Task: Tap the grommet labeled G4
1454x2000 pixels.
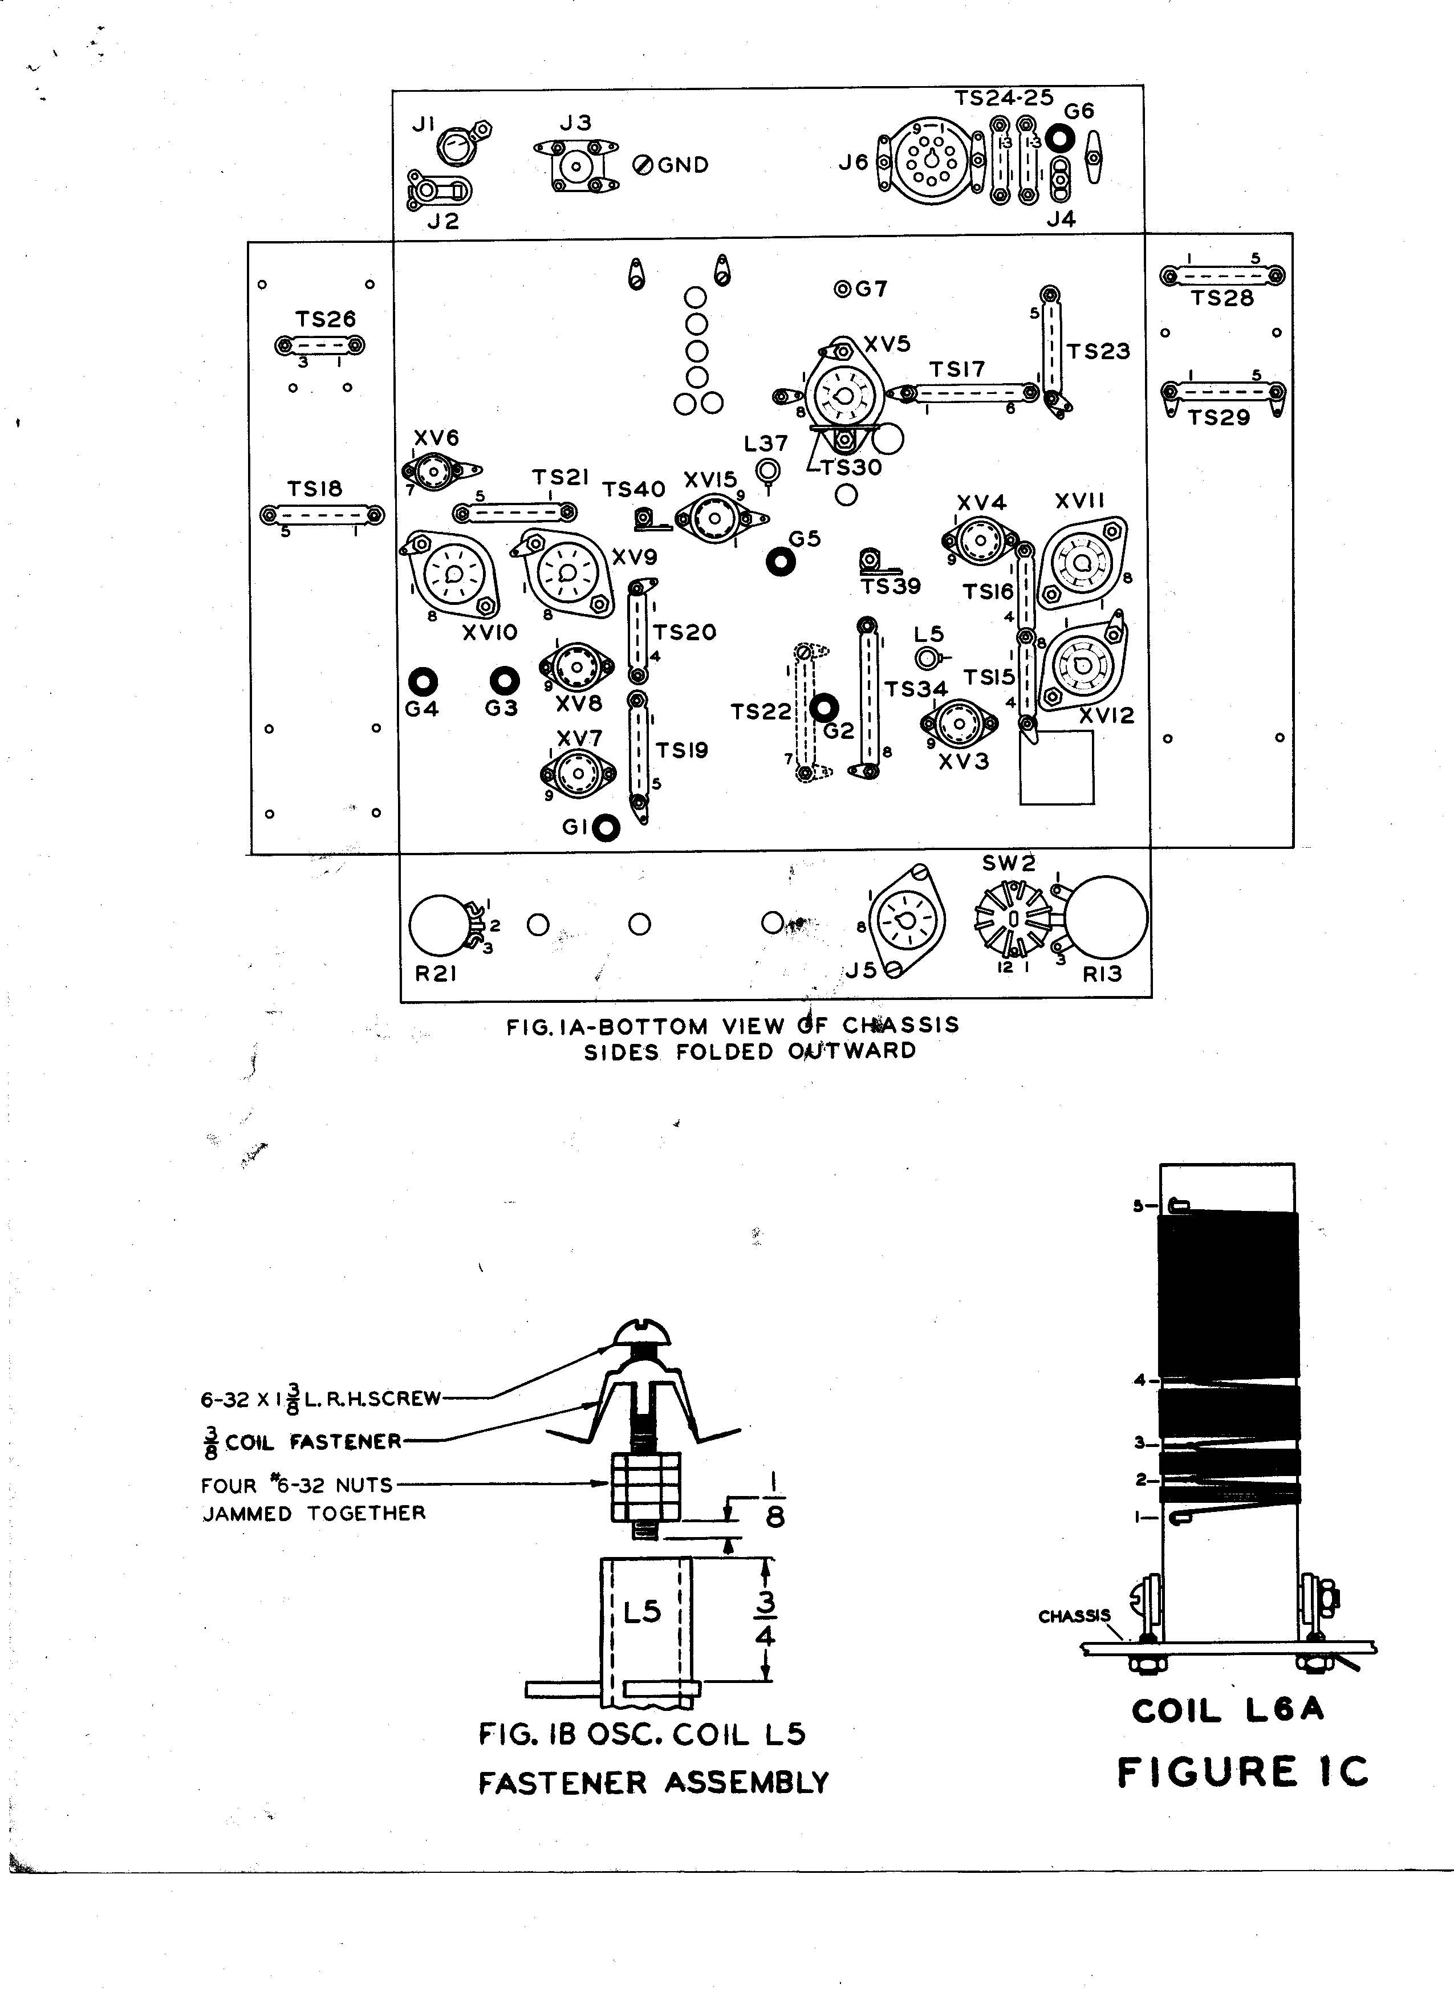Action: coord(423,681)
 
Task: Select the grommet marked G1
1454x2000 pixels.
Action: coord(606,828)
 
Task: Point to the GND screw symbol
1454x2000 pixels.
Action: coord(643,165)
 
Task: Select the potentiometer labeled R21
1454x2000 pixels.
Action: coord(441,926)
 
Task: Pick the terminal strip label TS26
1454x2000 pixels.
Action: coord(326,319)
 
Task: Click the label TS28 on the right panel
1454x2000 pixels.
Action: coord(1221,298)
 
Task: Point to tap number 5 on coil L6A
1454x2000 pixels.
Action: coord(1138,1205)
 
